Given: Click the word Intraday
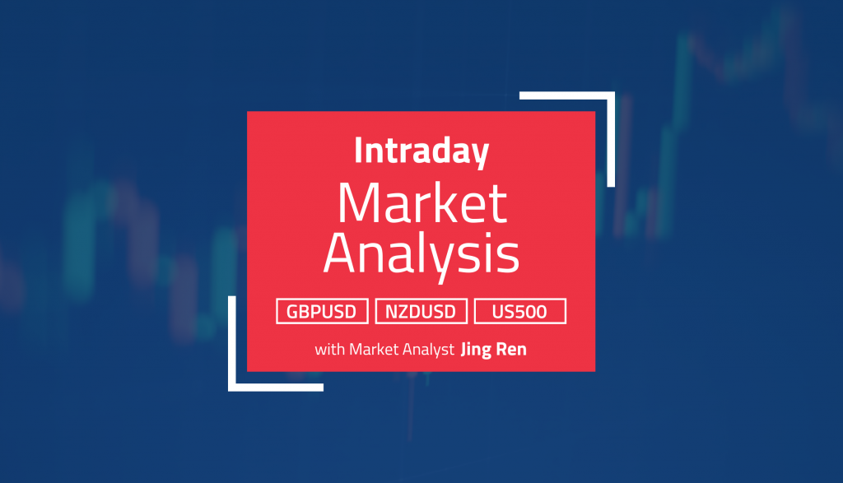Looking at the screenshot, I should [x=421, y=151].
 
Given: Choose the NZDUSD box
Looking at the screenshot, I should [x=421, y=311].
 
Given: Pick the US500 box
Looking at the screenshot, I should [x=520, y=311].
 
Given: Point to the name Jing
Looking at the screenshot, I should [x=477, y=350].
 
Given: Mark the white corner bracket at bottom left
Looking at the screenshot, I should [x=255, y=362].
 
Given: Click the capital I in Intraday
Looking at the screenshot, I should [x=357, y=151].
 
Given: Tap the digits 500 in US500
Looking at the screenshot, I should [x=531, y=311].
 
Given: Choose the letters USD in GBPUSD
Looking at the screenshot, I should [x=338, y=311].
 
